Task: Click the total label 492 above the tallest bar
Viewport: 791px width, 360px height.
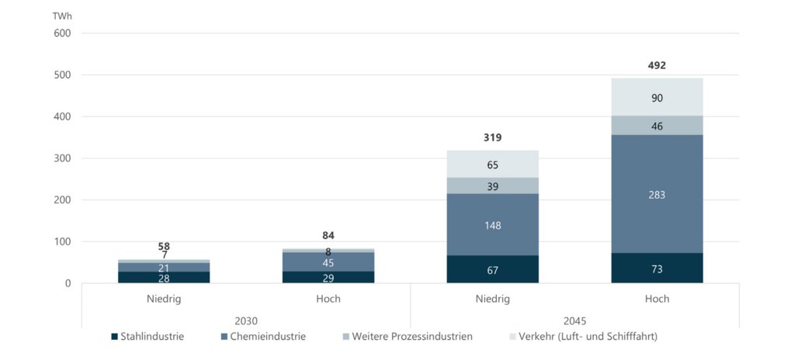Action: point(657,65)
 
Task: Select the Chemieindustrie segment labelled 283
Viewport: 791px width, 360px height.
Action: point(657,195)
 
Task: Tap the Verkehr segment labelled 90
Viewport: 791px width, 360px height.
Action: point(657,98)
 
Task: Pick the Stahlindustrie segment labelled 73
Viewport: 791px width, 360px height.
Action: point(657,268)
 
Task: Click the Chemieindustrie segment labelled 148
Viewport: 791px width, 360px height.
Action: point(492,225)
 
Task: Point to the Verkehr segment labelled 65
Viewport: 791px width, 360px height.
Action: point(492,164)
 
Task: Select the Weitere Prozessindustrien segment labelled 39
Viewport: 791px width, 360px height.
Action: point(492,186)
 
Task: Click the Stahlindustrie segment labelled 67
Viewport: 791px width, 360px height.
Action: point(492,270)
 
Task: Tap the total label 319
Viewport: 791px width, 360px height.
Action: point(492,138)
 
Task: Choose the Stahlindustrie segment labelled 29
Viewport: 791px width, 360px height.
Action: point(328,277)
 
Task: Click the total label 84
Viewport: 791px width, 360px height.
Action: point(328,236)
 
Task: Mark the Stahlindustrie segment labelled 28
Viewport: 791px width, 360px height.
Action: point(164,278)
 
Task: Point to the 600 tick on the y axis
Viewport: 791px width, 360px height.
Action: point(62,33)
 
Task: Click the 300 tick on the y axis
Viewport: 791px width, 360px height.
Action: point(62,158)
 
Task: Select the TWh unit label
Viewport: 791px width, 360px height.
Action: point(61,16)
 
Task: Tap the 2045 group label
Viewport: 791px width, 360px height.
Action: point(574,320)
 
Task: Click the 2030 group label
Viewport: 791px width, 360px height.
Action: point(246,320)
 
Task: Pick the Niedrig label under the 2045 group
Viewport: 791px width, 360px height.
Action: point(492,299)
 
